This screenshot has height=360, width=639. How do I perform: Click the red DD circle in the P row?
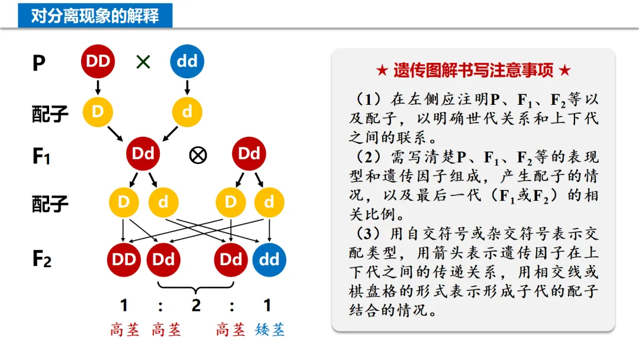pyautogui.click(x=98, y=61)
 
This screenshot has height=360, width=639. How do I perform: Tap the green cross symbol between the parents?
pyautogui.click(x=143, y=62)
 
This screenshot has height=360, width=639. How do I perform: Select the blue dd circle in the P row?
pyautogui.click(x=187, y=61)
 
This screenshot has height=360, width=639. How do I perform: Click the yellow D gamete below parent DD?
pyautogui.click(x=98, y=111)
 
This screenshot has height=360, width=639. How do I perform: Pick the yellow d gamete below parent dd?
pyautogui.click(x=187, y=111)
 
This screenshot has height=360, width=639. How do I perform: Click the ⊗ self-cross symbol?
pyautogui.click(x=198, y=155)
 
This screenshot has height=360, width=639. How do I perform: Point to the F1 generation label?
pyautogui.click(x=41, y=156)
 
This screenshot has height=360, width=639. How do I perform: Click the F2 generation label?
pyautogui.click(x=41, y=259)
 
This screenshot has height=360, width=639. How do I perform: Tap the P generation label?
pyautogui.click(x=38, y=63)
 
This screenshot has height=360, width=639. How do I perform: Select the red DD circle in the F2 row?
pyautogui.click(x=124, y=259)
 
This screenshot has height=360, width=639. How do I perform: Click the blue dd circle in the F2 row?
pyautogui.click(x=269, y=259)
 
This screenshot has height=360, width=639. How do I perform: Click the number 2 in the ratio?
pyautogui.click(x=196, y=306)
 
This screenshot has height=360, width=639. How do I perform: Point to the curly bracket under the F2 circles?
pyautogui.click(x=195, y=288)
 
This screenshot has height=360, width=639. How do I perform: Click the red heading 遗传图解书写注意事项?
pyautogui.click(x=473, y=71)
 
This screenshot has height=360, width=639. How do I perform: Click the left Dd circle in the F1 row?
pyautogui.click(x=143, y=154)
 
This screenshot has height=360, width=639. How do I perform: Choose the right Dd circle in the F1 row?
pyautogui.click(x=249, y=154)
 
